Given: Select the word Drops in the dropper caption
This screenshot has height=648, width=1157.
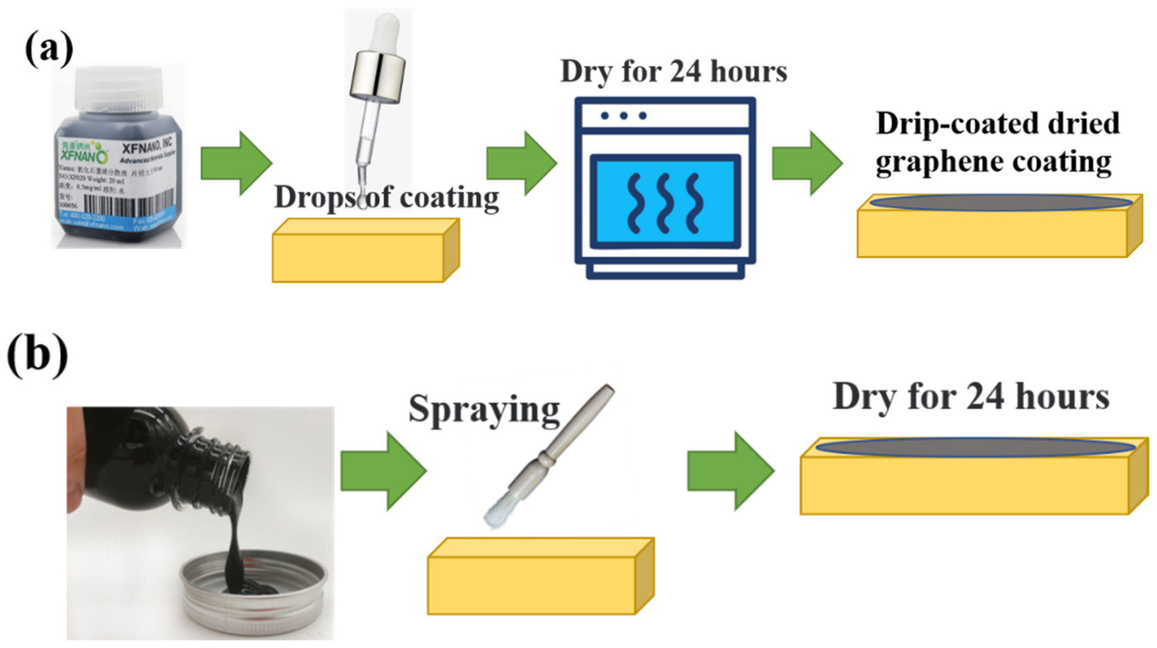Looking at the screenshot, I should click(x=314, y=198).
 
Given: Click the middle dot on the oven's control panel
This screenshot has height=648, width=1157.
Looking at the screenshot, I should click(x=623, y=116).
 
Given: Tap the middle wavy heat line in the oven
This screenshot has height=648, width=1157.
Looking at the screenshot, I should click(x=664, y=202).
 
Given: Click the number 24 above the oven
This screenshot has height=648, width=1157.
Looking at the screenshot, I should click(x=685, y=72).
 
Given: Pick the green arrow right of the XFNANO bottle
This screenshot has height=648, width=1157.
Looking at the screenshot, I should click(x=236, y=163).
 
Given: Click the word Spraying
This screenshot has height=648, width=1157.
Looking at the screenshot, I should click(x=484, y=409).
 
